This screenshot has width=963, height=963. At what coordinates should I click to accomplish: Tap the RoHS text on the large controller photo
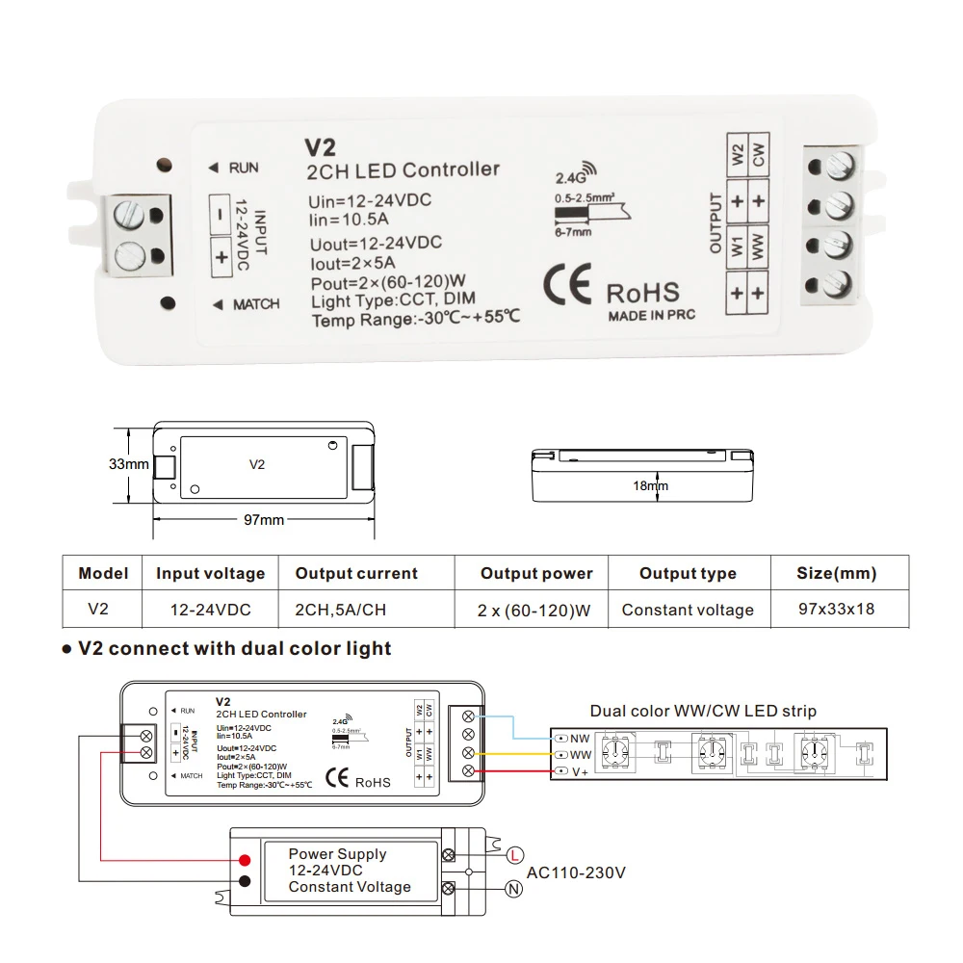[642, 293]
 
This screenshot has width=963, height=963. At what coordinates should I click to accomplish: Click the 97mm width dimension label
[263, 520]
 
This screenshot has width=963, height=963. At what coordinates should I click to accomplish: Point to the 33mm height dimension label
[128, 464]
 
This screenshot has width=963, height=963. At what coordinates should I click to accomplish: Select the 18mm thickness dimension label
[650, 486]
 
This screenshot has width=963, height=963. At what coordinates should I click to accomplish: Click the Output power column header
[536, 574]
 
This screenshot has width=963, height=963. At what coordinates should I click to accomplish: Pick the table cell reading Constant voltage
[688, 610]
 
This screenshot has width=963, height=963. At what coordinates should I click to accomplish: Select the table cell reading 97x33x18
[836, 610]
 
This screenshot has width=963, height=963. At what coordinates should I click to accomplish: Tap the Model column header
[103, 574]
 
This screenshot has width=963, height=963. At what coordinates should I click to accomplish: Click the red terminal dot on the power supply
[246, 860]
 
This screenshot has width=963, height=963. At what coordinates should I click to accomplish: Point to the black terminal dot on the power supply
[246, 880]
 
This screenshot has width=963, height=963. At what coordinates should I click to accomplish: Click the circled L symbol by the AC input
[515, 854]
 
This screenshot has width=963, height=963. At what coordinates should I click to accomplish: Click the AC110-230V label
[577, 873]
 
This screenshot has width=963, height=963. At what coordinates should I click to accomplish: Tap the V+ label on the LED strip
[580, 772]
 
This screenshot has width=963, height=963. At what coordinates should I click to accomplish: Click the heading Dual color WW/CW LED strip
[703, 712]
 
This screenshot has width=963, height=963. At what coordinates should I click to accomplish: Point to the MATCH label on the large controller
[255, 304]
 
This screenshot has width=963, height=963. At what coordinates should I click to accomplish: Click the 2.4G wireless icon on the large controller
[570, 175]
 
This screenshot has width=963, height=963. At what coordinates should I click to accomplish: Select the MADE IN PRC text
[651, 316]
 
